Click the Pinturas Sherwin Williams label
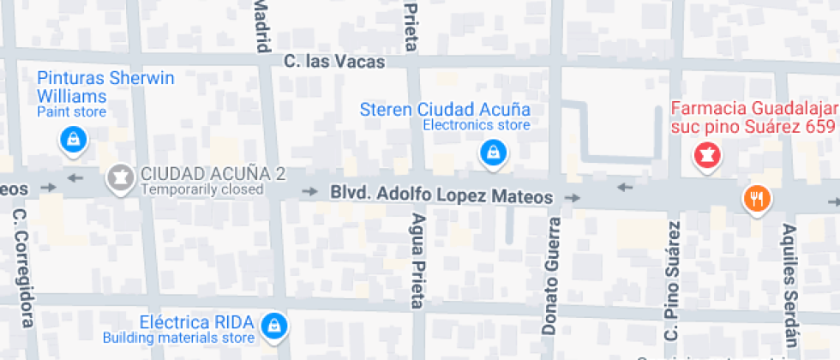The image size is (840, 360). tap(105, 87)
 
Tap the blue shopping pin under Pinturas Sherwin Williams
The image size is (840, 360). tap(72, 140)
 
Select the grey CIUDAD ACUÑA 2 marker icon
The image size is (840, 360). tap(119, 177)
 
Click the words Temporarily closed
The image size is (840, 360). tap(201, 189)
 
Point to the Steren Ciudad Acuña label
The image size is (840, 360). tap(445, 110)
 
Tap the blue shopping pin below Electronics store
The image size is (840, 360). tap(492, 153)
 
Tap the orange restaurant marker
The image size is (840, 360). tap(757, 200)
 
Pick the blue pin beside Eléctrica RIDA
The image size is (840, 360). tap(273, 325)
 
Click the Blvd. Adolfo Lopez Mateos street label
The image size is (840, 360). tap(442, 195)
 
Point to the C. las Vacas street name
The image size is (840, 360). tap(334, 62)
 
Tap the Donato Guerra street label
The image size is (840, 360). tap(550, 275)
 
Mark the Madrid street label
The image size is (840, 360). tap(261, 22)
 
